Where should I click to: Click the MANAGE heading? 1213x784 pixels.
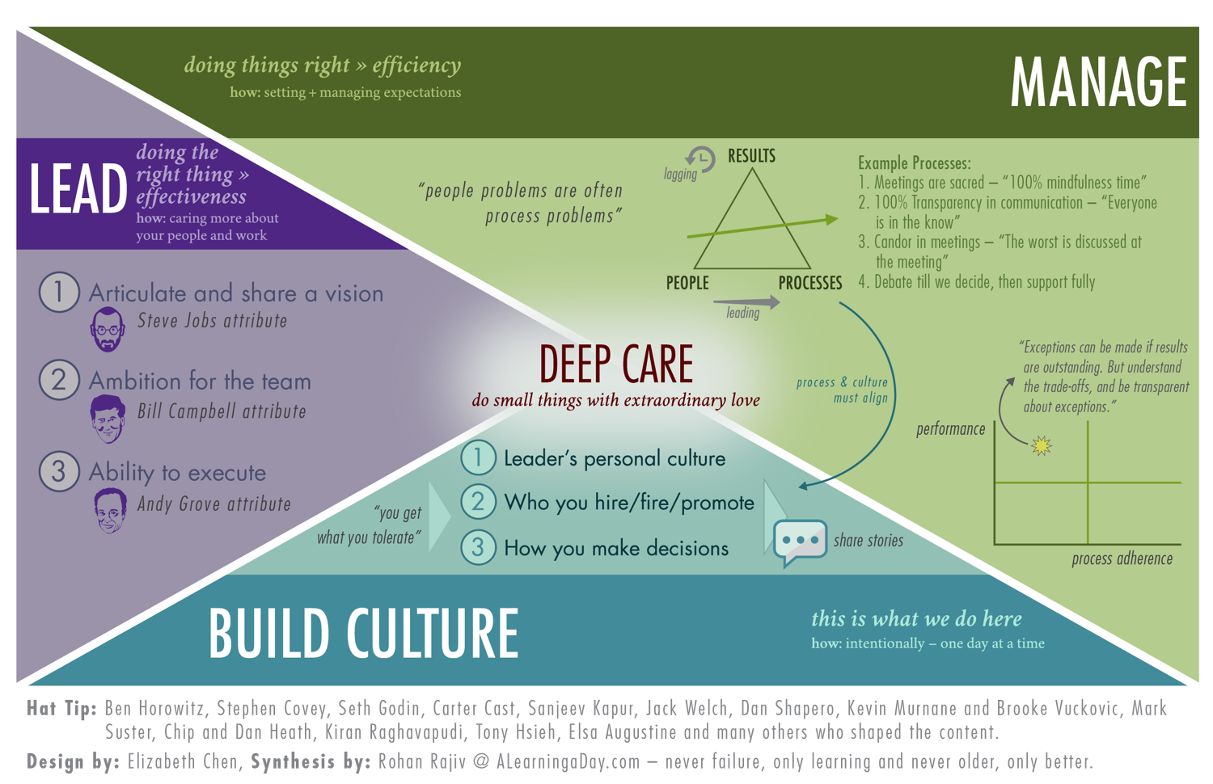pyautogui.click(x=1098, y=82)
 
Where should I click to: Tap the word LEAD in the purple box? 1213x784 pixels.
pyautogui.click(x=78, y=190)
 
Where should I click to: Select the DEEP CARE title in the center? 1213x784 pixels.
pyautogui.click(x=616, y=364)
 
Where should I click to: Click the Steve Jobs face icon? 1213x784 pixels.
pyautogui.click(x=108, y=329)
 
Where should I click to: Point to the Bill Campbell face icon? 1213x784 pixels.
pyautogui.click(x=108, y=419)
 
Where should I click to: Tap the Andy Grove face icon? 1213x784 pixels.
pyautogui.click(x=110, y=511)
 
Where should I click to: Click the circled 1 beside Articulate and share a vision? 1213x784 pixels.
pyautogui.click(x=59, y=292)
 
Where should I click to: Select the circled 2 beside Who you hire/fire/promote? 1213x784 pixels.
pyautogui.click(x=478, y=502)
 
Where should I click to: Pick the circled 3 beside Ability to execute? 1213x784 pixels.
pyautogui.click(x=59, y=471)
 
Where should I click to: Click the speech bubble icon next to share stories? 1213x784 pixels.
pyautogui.click(x=799, y=542)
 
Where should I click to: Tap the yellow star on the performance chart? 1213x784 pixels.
pyautogui.click(x=1042, y=445)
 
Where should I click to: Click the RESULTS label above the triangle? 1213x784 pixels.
pyautogui.click(x=751, y=156)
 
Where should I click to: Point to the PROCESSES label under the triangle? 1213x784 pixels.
pyautogui.click(x=810, y=283)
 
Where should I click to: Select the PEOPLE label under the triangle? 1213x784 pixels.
pyautogui.click(x=687, y=283)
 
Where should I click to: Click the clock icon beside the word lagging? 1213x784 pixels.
pyautogui.click(x=700, y=159)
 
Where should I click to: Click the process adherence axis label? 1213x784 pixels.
pyautogui.click(x=1122, y=558)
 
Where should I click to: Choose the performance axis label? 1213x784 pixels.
pyautogui.click(x=950, y=429)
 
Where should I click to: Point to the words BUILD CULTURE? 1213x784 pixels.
pyautogui.click(x=364, y=633)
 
